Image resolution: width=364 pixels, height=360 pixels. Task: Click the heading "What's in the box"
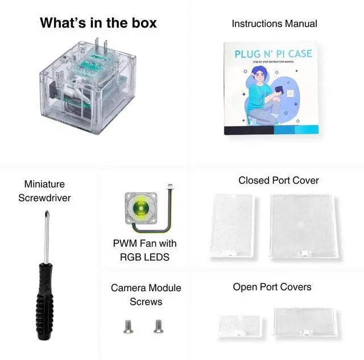(x=98, y=23)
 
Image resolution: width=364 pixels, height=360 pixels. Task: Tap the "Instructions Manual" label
(x=274, y=23)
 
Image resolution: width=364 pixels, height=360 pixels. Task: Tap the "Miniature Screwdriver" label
(x=45, y=191)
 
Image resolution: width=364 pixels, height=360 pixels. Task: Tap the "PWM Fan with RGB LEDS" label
(x=144, y=250)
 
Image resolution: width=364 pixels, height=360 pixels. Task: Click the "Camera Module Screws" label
(x=146, y=295)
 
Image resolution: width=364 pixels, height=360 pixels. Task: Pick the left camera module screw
(x=127, y=326)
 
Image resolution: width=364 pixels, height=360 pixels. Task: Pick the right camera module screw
(x=158, y=326)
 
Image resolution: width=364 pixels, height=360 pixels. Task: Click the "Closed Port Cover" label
(x=279, y=180)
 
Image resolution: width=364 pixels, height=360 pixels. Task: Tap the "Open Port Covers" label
(x=272, y=287)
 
